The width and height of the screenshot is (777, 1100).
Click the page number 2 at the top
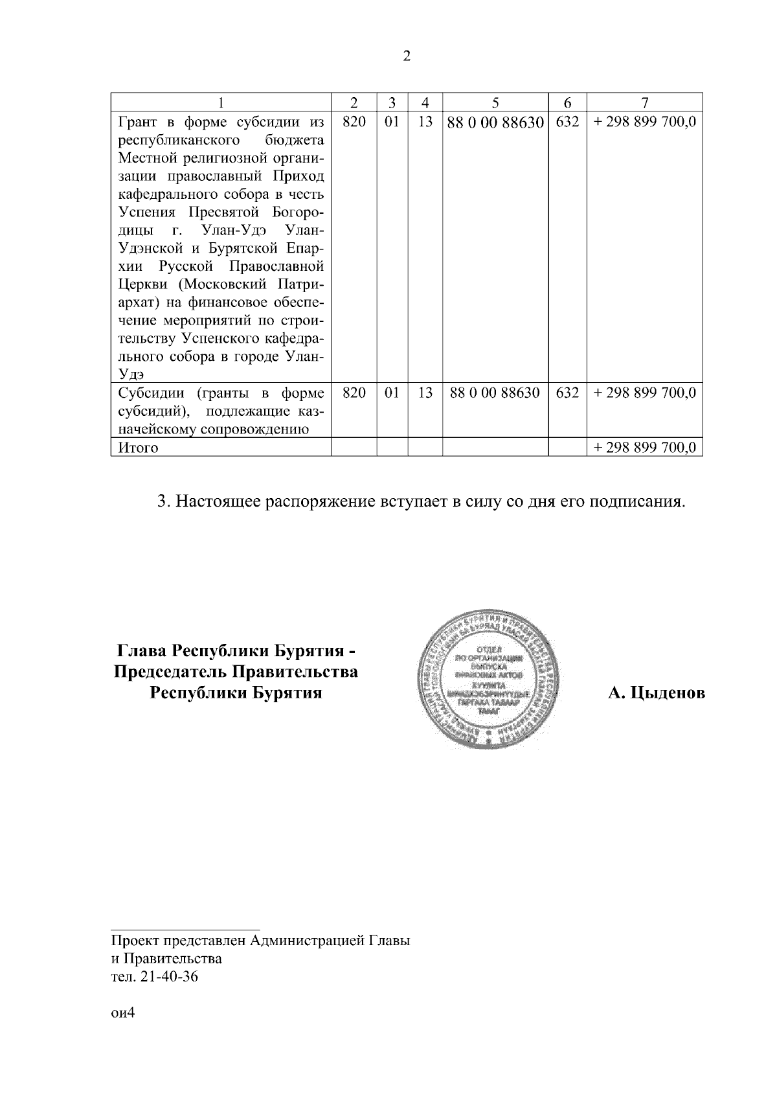406,56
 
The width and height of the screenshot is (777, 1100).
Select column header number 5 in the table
495,103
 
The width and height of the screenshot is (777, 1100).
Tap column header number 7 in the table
644,103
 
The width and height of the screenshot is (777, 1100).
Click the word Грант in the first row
138,122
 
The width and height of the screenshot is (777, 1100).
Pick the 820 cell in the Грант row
354,122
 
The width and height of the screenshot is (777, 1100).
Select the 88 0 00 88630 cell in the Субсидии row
495,393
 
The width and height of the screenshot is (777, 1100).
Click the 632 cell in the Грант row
567,122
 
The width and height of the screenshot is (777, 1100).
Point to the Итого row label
138,448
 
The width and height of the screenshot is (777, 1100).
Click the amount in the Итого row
644,448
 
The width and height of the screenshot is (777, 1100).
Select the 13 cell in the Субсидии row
425,393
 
